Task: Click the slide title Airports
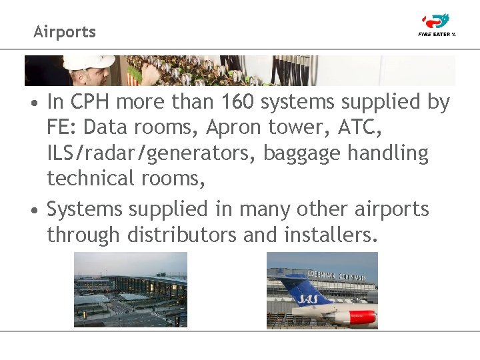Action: (65, 32)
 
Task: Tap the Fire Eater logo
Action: (437, 25)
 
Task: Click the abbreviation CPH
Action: (86, 103)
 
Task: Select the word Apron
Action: (223, 128)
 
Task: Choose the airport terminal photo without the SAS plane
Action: (130, 289)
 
